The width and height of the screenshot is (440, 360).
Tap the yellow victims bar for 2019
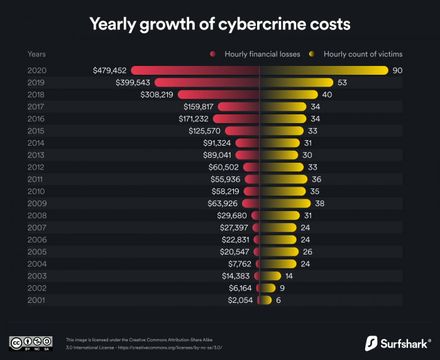[x=296, y=82]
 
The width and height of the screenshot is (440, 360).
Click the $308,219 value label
[x=157, y=94]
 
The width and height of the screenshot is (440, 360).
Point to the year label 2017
[x=37, y=107]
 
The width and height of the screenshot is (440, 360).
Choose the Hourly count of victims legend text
[x=363, y=54]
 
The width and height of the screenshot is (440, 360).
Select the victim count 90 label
[x=397, y=70]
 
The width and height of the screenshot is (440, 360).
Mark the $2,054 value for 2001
[x=240, y=300]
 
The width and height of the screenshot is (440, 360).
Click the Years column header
[x=37, y=54]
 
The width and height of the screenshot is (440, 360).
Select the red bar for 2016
[x=236, y=119]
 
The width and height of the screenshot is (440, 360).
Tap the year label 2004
[x=37, y=264]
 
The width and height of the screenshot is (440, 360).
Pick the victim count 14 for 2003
[x=289, y=276]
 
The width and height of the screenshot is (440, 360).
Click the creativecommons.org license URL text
[x=170, y=347]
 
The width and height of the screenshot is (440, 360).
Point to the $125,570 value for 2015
[x=205, y=131]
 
